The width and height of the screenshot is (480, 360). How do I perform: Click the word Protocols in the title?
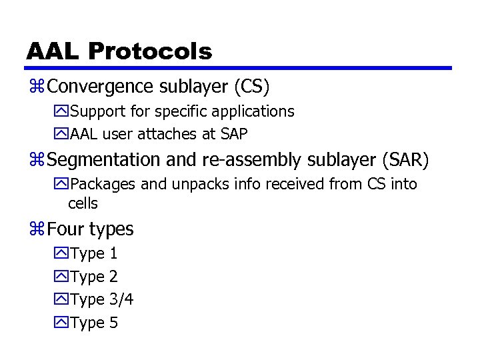149,51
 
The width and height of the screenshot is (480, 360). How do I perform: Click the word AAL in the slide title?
53,51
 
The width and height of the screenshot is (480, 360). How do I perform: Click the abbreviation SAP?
234,134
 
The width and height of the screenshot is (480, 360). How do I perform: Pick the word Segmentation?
105,160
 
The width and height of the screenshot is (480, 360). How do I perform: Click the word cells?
83,203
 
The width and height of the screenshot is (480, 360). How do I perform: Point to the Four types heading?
91,229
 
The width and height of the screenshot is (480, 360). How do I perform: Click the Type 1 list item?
93,253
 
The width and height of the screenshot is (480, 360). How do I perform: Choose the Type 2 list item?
93,277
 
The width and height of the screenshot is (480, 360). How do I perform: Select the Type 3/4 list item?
101,299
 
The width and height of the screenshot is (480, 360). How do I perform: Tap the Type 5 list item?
93,323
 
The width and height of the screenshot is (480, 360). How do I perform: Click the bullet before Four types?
37,230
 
